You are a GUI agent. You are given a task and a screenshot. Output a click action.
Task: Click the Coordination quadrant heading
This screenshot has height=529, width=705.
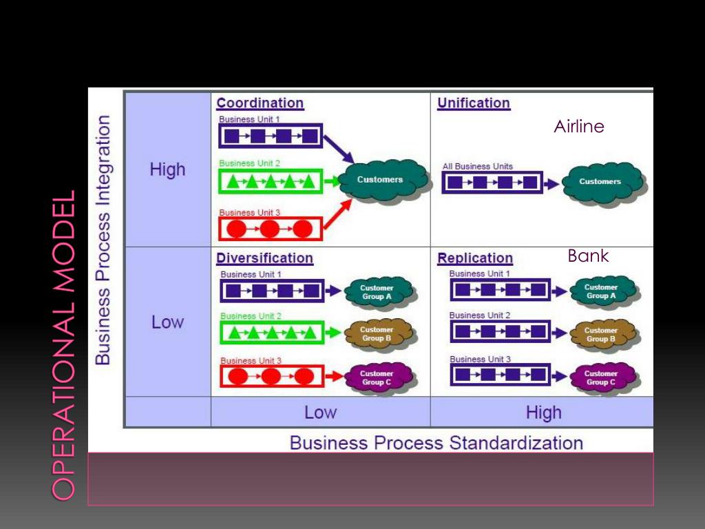pos(260,103)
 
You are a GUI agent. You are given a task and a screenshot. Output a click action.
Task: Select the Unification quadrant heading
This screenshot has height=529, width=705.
pos(474,103)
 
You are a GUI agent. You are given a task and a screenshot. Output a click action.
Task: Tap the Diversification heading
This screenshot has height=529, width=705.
pos(265,258)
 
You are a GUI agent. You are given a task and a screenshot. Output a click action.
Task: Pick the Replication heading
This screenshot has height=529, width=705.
pos(475,258)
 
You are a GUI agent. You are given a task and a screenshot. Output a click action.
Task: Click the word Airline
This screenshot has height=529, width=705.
pos(579,127)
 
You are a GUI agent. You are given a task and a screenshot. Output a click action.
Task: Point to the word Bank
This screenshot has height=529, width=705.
pos(588,256)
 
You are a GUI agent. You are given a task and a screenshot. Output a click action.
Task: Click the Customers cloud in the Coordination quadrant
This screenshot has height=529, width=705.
pos(382,180)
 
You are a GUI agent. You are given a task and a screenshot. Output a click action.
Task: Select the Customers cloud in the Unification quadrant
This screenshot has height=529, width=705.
pos(602,182)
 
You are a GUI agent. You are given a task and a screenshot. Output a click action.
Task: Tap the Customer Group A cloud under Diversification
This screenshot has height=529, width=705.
pos(379,292)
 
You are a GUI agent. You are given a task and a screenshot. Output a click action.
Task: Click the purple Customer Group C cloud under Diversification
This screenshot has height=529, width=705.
pos(379,378)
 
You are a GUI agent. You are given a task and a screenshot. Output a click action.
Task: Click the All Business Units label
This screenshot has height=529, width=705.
pos(478,167)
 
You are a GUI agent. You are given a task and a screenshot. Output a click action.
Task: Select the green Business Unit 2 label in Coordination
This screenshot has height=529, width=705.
pos(249,163)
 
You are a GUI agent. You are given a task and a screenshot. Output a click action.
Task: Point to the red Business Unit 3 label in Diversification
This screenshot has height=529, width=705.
pos(251,361)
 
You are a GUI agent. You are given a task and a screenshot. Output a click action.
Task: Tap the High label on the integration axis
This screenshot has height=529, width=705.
pos(167,169)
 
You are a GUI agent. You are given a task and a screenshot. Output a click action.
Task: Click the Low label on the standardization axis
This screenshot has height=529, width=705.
pos(320,413)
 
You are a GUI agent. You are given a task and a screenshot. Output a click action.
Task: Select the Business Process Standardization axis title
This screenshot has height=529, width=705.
pos(436,443)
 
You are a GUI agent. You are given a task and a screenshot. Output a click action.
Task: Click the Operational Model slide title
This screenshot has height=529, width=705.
pos(63,345)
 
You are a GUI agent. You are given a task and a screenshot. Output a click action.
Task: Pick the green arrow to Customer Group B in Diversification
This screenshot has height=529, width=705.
pos(333,333)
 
